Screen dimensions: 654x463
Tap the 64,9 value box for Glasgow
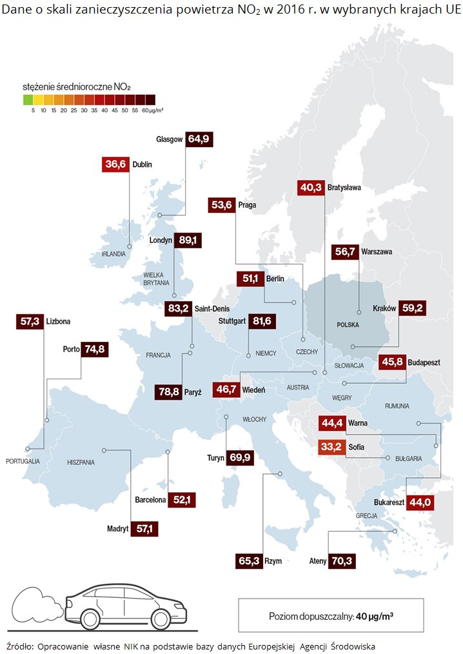click(198, 139)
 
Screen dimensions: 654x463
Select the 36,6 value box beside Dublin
click(116, 164)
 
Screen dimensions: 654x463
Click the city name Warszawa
click(377, 252)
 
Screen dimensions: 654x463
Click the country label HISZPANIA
click(81, 462)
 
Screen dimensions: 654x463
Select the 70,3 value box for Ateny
click(342, 561)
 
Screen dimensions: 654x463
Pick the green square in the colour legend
click(27, 99)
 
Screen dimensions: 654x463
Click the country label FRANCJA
click(158, 355)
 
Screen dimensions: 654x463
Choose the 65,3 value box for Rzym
click(249, 561)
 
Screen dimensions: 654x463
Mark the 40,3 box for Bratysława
click(310, 188)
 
